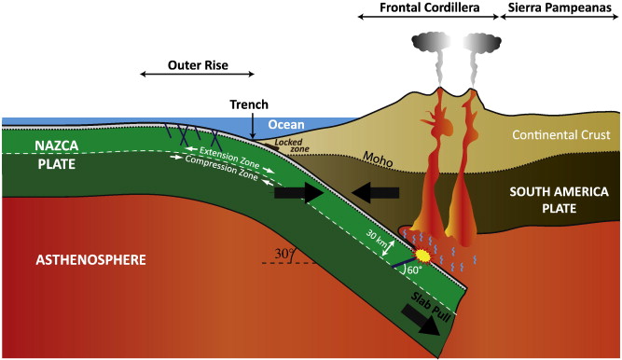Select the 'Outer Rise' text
click(198, 66)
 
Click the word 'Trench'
click(250, 106)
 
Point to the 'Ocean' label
click(286, 124)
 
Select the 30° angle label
click(282, 253)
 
